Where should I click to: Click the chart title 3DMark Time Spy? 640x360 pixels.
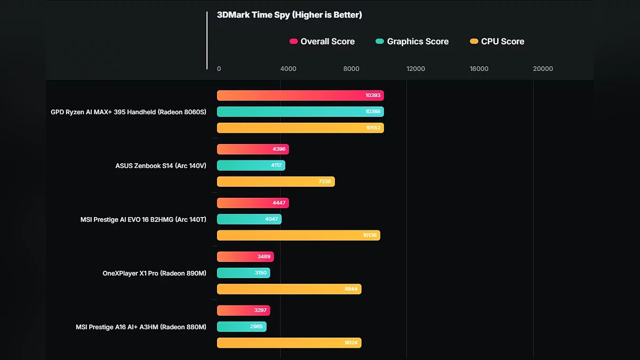pos(289,15)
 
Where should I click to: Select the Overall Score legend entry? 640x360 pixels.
pos(322,42)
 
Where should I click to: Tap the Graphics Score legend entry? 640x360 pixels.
pos(412,42)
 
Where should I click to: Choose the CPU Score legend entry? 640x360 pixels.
pos(497,42)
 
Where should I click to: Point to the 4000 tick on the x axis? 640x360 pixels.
pos(288,69)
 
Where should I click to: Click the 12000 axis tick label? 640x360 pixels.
pos(415,69)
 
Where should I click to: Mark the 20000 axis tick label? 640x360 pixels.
pos(543,69)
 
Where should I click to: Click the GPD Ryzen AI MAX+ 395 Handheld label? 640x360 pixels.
pos(129,112)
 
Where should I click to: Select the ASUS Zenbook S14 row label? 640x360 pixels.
pos(161,166)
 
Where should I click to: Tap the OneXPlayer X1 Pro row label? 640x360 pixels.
pos(154,273)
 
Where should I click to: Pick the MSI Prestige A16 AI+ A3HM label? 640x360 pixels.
pos(141,327)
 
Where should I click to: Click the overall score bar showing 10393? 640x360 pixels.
pos(300,95)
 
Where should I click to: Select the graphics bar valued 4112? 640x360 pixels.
pos(251,165)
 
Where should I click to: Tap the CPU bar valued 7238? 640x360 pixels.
pos(276,182)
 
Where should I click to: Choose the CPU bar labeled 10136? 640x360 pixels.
pos(298,235)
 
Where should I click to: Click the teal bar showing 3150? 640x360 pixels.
pos(243,273)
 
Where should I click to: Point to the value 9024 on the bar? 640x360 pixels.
pos(351,343)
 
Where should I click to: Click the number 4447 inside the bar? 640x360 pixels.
pos(279,203)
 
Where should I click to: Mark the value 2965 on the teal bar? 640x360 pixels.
pos(256,326)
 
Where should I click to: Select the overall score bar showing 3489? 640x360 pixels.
pos(245,257)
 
